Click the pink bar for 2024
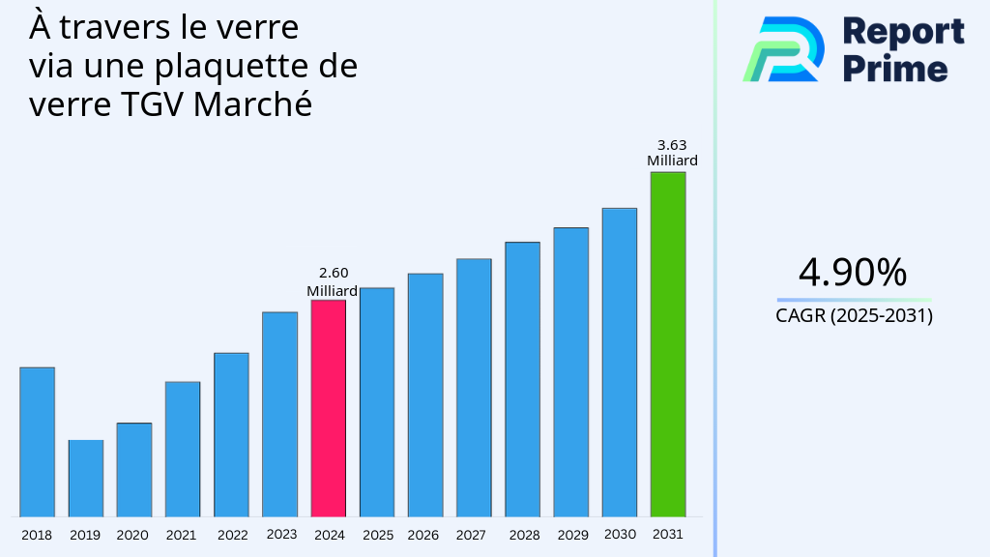(x=328, y=408)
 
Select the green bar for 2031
(x=667, y=344)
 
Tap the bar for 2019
(x=85, y=478)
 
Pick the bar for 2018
(x=37, y=441)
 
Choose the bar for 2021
(x=183, y=449)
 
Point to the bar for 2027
(x=474, y=387)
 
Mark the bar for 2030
(x=619, y=362)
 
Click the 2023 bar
(x=279, y=414)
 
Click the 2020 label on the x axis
(x=132, y=535)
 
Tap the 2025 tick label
(x=377, y=535)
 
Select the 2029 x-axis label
(x=572, y=535)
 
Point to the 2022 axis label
(x=232, y=535)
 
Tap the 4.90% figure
(x=853, y=273)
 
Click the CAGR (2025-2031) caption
(x=854, y=316)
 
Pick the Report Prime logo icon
(x=783, y=49)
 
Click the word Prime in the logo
(x=895, y=69)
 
